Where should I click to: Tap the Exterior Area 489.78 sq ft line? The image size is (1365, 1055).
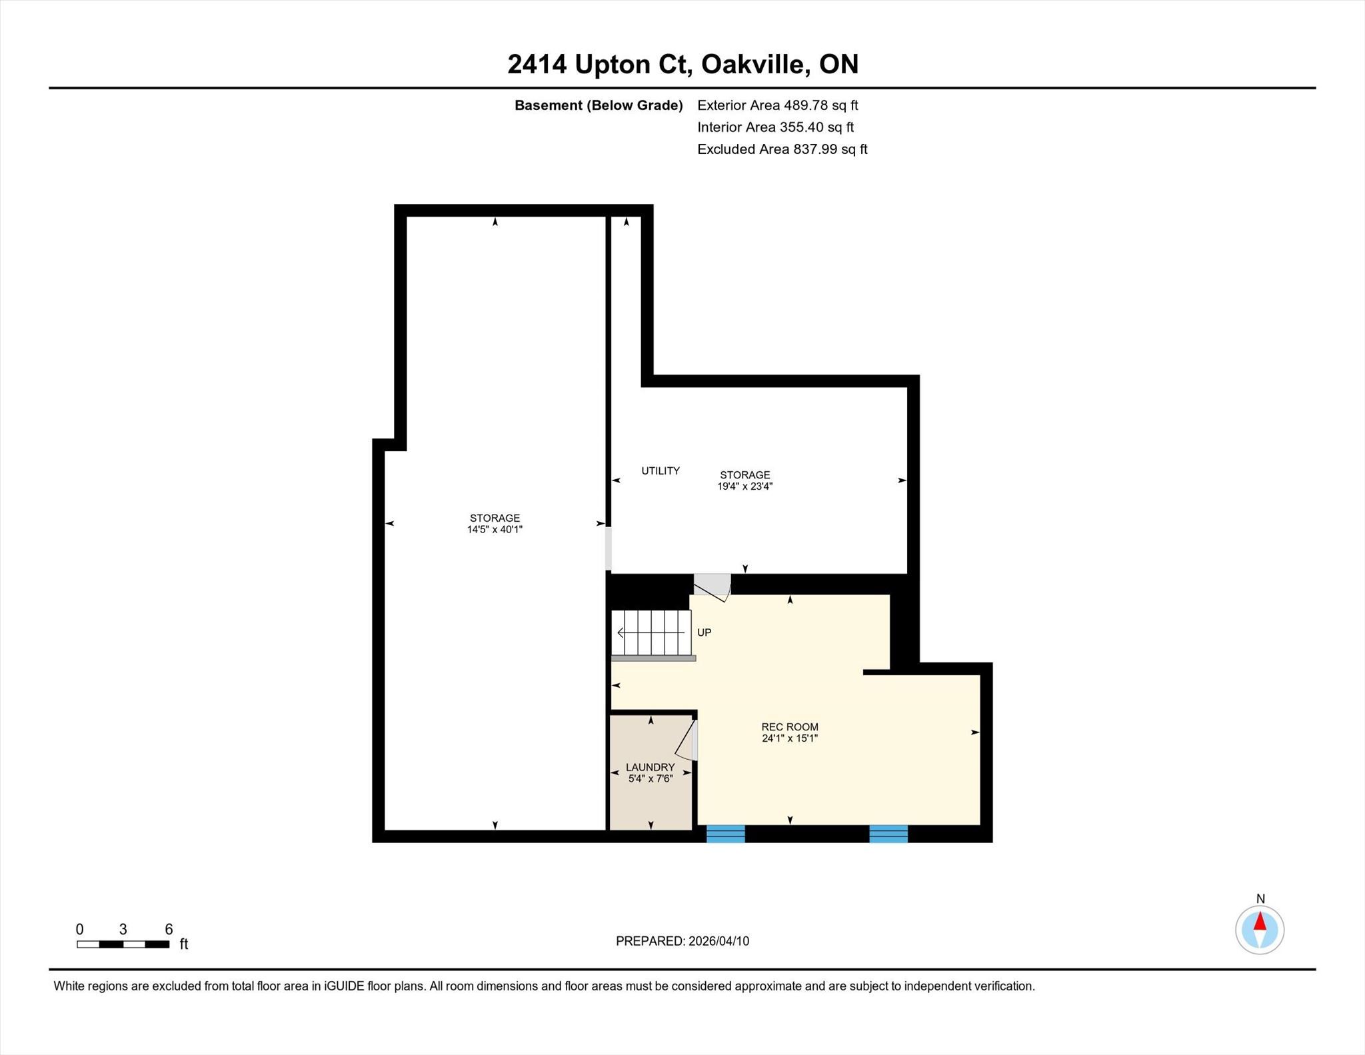777,105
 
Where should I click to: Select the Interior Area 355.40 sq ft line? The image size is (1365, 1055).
775,127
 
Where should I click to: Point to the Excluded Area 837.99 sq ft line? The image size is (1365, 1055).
782,149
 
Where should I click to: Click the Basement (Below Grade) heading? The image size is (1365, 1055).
599,105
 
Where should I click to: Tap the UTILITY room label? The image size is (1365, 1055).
661,471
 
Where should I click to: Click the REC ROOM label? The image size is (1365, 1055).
790,727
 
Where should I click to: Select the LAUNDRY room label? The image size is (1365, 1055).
651,767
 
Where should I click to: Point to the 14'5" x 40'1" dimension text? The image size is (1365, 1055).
495,530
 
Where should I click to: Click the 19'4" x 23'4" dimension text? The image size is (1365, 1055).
744,487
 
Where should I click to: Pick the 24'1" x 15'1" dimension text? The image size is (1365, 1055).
790,738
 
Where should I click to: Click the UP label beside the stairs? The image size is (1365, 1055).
704,632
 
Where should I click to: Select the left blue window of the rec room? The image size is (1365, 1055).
725,834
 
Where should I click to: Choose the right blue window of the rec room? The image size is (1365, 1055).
888,834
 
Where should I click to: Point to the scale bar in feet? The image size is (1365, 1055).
123,944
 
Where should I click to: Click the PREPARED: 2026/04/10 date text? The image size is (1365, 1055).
682,941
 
